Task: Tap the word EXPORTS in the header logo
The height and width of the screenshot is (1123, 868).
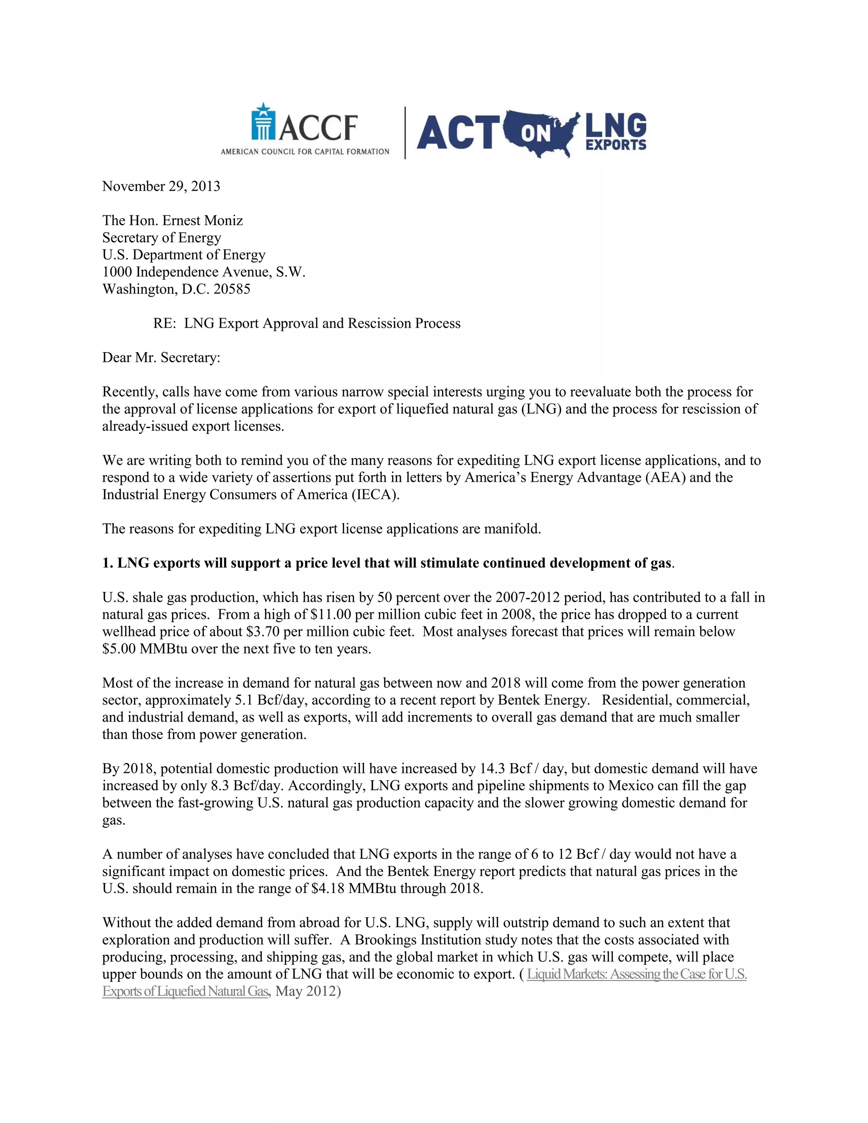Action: pyautogui.click(x=615, y=145)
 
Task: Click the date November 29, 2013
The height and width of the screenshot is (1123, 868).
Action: pyautogui.click(x=161, y=186)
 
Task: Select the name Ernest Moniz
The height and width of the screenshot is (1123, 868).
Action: pyautogui.click(x=203, y=221)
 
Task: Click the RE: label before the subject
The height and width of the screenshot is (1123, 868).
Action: pyautogui.click(x=164, y=323)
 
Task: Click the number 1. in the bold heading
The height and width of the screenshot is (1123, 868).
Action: pyautogui.click(x=108, y=563)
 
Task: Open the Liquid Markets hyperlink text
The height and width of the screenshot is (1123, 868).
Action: pyautogui.click(x=637, y=974)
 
